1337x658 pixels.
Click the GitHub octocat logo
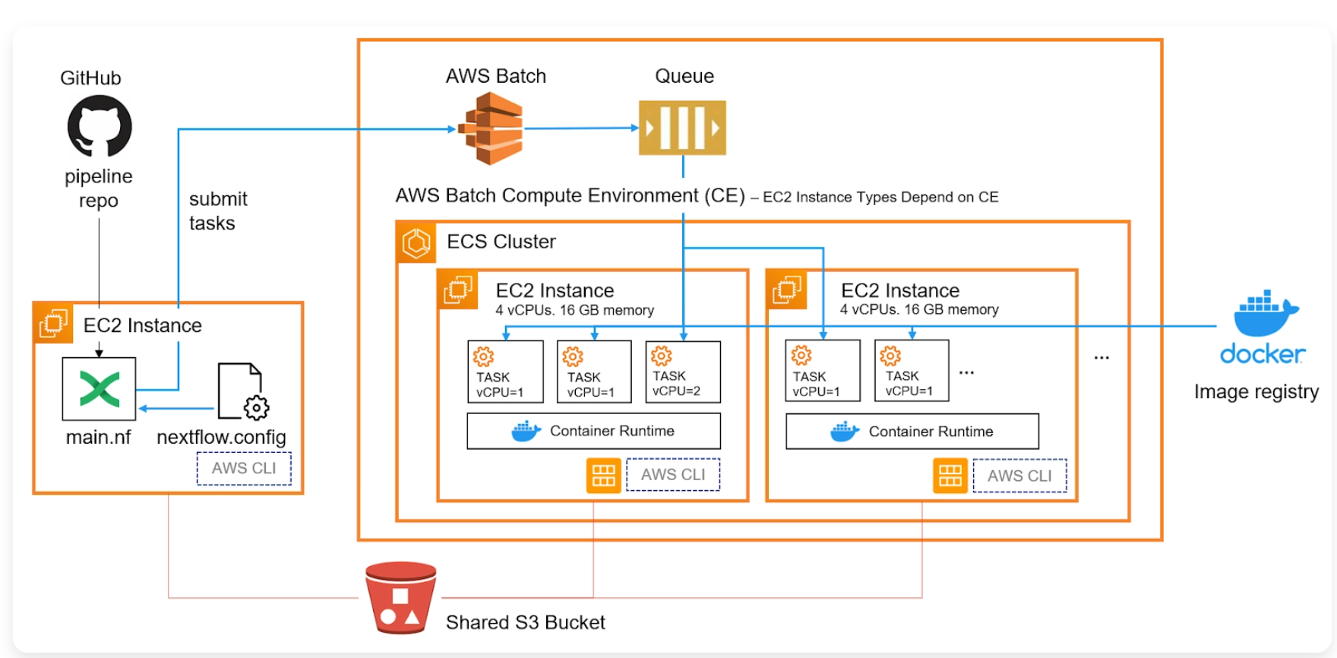pos(100,126)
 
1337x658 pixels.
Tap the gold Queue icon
pos(682,128)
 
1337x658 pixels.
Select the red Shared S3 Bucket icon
pos(400,597)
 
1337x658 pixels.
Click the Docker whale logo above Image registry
pos(1265,313)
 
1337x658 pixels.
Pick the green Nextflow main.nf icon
pos(99,389)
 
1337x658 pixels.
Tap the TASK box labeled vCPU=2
pos(682,372)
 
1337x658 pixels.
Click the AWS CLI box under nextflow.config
pos(244,468)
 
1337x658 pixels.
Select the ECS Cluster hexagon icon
pos(416,243)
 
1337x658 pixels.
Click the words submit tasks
pos(217,211)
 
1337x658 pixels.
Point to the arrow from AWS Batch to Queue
pos(581,128)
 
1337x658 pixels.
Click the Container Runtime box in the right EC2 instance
pos(912,432)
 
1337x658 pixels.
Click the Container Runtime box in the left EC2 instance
pos(593,431)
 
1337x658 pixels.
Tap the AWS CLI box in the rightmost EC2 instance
pos(1019,476)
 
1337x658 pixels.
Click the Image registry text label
pos(1256,392)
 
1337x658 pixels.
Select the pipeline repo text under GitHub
pos(99,188)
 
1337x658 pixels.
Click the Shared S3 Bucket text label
pos(525,622)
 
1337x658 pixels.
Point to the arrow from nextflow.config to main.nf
pos(176,409)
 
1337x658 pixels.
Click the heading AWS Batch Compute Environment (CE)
pos(570,196)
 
